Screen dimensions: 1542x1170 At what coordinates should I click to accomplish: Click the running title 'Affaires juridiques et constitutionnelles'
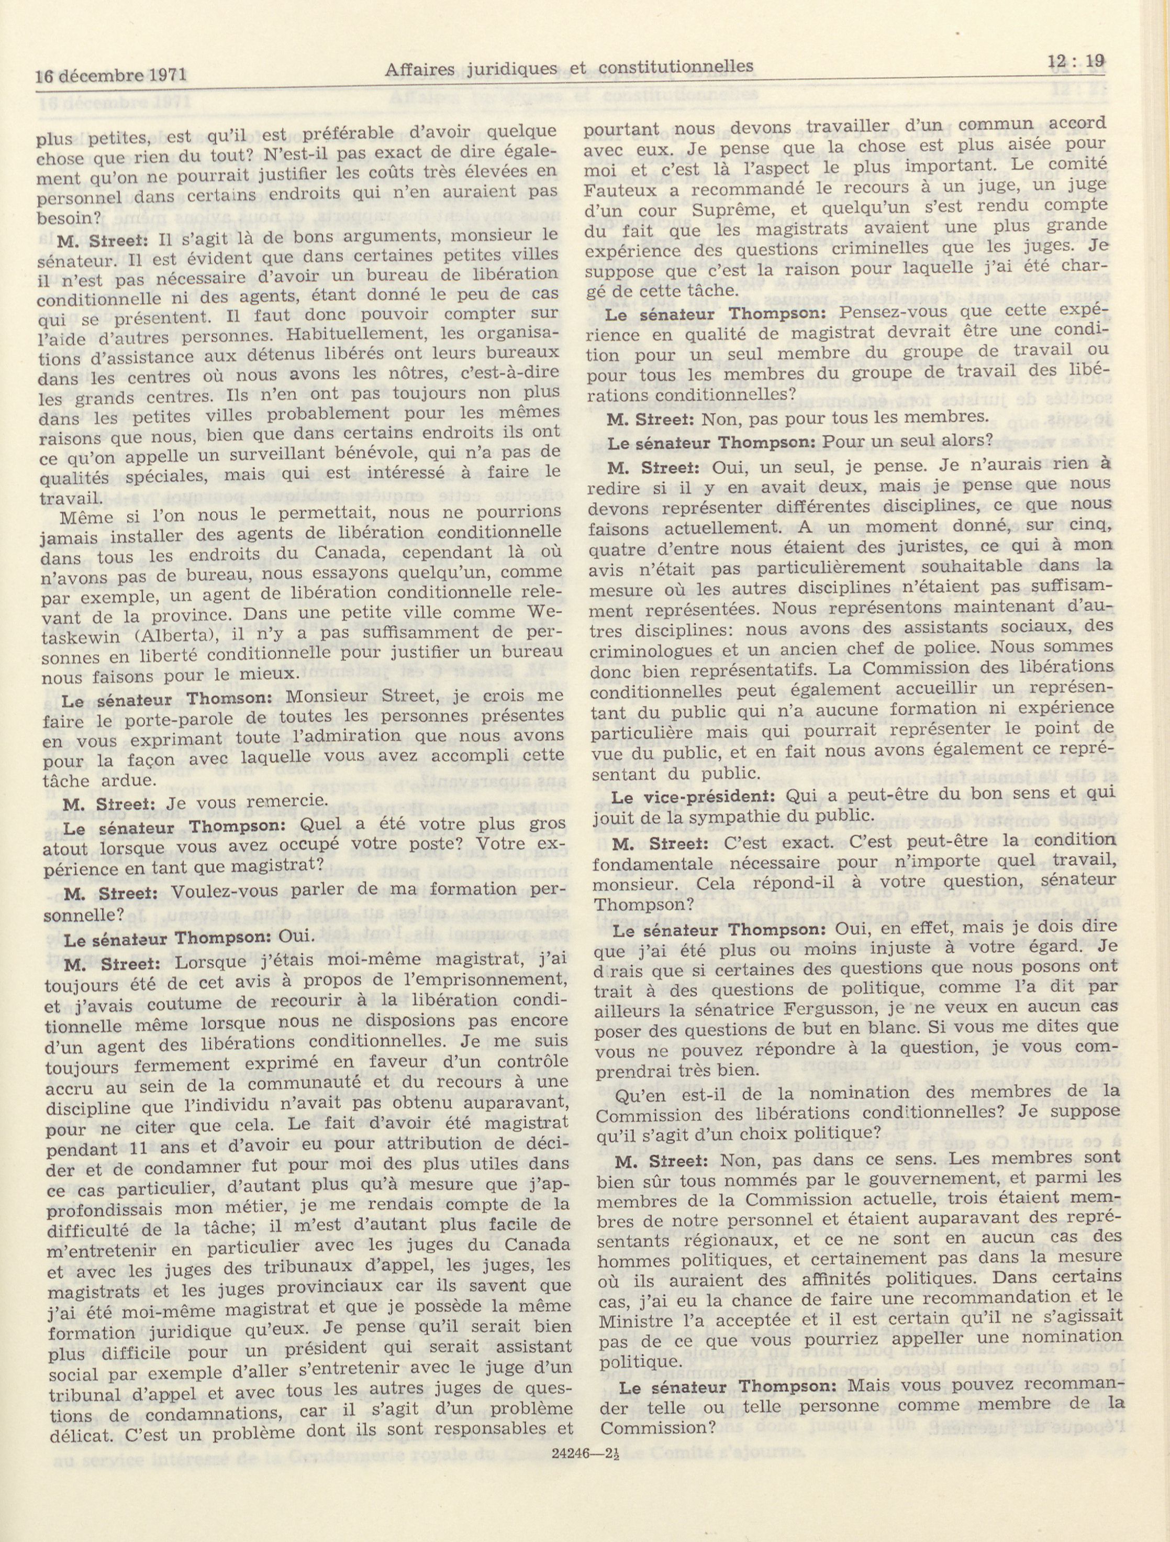point(570,67)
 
